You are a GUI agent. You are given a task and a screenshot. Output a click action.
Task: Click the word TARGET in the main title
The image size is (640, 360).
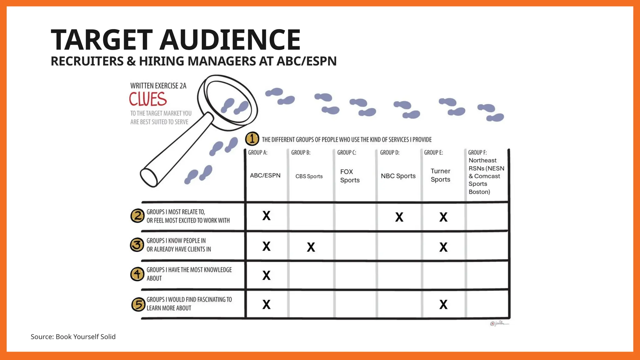click(x=102, y=40)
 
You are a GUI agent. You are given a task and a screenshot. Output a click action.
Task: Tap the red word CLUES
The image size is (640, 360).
click(x=148, y=99)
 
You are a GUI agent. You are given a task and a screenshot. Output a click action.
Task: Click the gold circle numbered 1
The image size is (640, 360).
click(x=252, y=139)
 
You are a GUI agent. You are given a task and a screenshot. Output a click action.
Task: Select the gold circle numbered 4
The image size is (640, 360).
click(x=137, y=274)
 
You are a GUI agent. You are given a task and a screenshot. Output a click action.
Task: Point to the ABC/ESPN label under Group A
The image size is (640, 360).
click(x=265, y=175)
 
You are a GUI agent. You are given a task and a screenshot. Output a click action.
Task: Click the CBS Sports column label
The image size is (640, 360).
click(x=309, y=176)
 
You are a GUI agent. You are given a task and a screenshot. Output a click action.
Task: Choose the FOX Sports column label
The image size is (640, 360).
click(x=350, y=176)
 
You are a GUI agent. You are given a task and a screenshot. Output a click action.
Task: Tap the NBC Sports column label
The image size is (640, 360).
click(x=398, y=176)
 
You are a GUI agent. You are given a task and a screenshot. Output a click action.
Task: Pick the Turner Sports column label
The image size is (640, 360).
click(x=440, y=175)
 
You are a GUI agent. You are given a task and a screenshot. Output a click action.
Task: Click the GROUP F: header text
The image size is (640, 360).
click(x=477, y=152)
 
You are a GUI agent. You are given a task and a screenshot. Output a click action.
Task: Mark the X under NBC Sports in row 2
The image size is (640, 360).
click(x=399, y=217)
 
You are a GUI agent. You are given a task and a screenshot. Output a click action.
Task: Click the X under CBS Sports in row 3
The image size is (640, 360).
click(x=311, y=247)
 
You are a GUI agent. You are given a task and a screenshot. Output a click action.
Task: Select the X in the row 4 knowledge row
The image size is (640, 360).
click(x=266, y=275)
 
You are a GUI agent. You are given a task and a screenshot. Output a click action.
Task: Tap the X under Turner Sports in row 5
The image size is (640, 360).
click(x=443, y=304)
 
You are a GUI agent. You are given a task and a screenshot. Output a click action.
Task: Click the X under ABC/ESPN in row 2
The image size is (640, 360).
click(x=266, y=216)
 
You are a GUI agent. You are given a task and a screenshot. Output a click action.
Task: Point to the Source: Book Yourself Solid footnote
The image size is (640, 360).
click(x=73, y=337)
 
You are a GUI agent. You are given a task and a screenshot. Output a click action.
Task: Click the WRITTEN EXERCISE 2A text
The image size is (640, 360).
click(x=158, y=86)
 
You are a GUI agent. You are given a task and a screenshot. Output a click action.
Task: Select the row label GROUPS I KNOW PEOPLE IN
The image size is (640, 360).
click(x=176, y=241)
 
